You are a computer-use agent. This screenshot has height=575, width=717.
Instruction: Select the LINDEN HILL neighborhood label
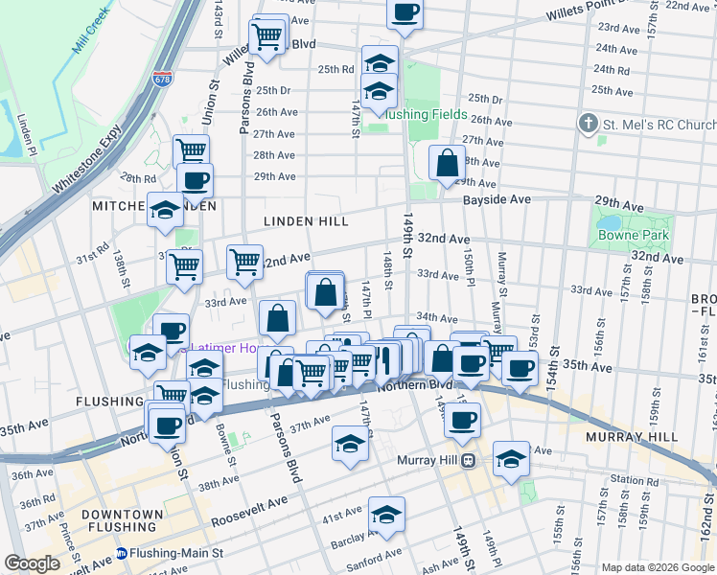pyautogui.click(x=307, y=221)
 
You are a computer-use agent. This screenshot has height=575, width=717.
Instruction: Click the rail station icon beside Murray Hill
pyautogui.click(x=469, y=460)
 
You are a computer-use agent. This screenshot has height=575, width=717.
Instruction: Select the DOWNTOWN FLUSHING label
pyautogui.click(x=122, y=521)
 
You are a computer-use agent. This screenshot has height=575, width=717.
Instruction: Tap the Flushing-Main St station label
pyautogui.click(x=177, y=553)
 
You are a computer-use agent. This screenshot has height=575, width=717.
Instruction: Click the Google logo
pyautogui.click(x=33, y=563)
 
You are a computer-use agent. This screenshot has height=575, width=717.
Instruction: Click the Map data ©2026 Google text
pyautogui.click(x=657, y=567)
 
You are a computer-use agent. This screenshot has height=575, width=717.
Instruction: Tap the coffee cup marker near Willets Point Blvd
pyautogui.click(x=405, y=13)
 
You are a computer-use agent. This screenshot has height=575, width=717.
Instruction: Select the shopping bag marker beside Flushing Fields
pyautogui.click(x=447, y=163)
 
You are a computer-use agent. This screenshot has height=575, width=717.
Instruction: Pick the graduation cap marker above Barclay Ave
pyautogui.click(x=386, y=516)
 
